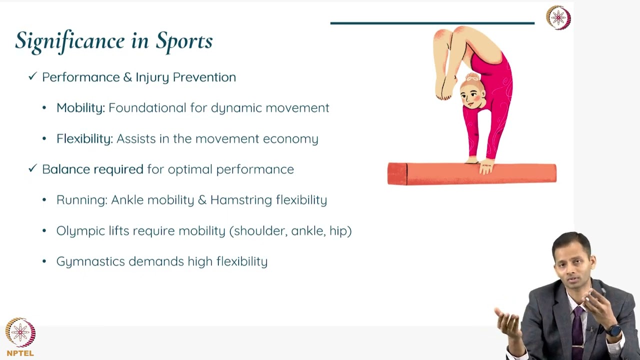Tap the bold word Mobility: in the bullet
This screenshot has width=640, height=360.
(80, 108)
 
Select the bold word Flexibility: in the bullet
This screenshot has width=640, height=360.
(84, 138)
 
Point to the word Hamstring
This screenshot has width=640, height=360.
(241, 200)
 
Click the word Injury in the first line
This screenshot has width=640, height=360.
(152, 77)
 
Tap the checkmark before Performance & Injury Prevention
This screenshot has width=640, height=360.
(33, 76)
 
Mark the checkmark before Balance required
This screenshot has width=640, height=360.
(33, 168)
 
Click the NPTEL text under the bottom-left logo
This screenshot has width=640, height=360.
(20, 353)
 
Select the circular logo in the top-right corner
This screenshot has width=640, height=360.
(558, 17)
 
